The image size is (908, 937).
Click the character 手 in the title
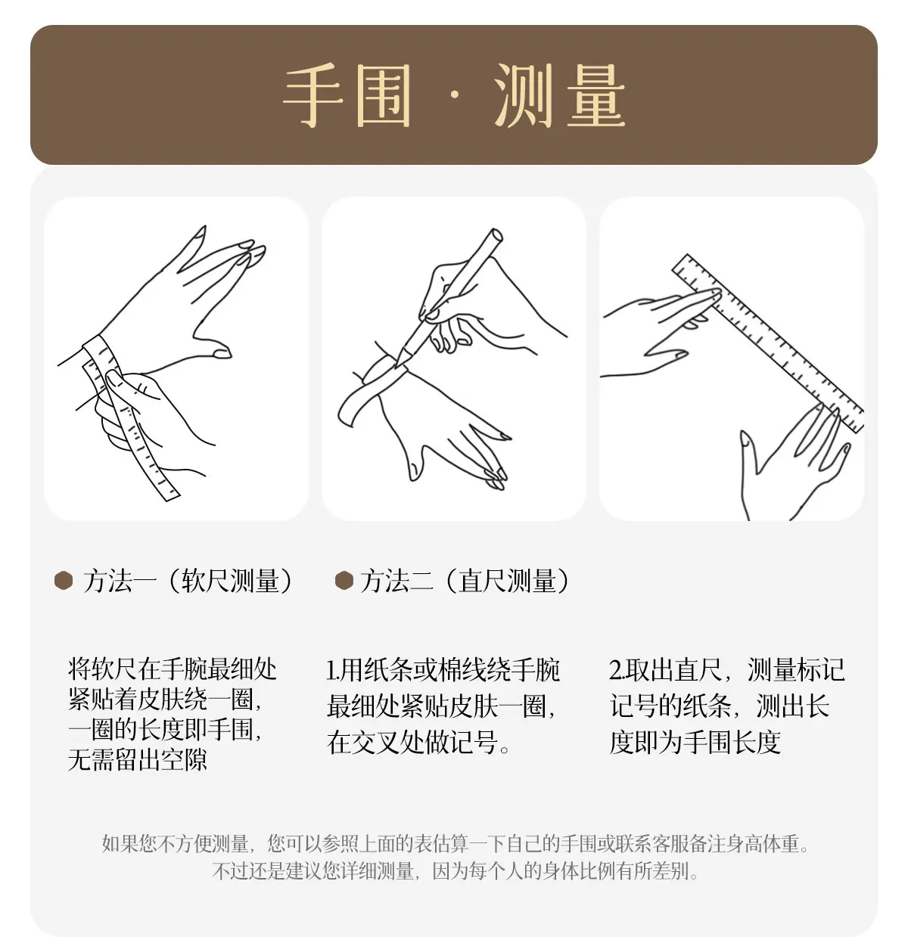pos(313,95)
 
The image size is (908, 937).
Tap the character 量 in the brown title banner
pos(595,95)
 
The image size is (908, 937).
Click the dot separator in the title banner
pos(454,95)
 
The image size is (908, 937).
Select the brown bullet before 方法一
pos(64,580)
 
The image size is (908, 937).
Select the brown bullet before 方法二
pos(344,580)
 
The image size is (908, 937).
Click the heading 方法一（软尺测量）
pos(188,581)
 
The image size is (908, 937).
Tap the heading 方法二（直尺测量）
pos(465,581)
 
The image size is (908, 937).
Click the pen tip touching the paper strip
pos(397,366)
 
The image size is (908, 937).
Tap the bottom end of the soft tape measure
pos(171,496)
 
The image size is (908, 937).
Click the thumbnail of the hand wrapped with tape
pos(176,358)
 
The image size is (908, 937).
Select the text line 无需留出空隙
pos(138,759)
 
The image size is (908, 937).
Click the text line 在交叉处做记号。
pos(418,742)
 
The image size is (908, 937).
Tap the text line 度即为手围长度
pos(695,742)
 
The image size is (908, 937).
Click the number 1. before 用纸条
pos(332,670)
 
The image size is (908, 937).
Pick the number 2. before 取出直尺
pos(617,670)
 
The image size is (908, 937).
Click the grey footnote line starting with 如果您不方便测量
pos(456,843)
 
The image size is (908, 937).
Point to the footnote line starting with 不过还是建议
pos(456,870)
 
